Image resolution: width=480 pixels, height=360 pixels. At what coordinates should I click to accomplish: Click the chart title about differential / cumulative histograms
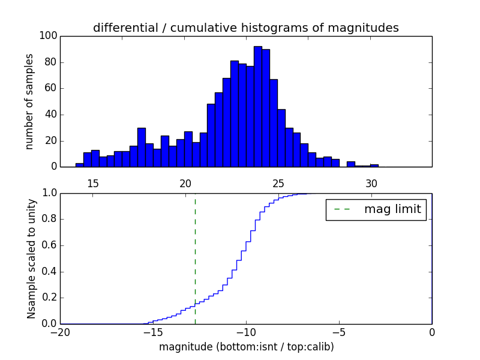(x=245, y=28)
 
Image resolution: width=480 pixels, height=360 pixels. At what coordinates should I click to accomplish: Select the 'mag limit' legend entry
(x=376, y=209)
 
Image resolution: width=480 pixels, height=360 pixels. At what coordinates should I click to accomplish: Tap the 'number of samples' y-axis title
(x=29, y=101)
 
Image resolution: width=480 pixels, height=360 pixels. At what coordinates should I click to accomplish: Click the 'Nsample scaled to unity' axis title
(x=31, y=258)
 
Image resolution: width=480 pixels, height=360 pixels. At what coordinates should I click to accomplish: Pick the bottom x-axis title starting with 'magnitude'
(x=246, y=347)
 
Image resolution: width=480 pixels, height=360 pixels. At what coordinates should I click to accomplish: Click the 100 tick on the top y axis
(x=49, y=36)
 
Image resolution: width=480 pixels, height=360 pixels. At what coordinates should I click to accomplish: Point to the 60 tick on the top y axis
(x=50, y=88)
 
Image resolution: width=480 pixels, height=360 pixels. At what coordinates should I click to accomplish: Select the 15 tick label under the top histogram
(x=93, y=183)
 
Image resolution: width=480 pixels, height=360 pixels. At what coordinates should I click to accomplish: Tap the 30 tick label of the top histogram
(x=371, y=183)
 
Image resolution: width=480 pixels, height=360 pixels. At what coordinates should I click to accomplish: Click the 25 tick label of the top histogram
(x=278, y=183)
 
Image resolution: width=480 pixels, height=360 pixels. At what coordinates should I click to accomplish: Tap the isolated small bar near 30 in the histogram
(x=374, y=165)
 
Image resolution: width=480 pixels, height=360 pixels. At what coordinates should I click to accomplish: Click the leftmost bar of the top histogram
(x=79, y=164)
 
